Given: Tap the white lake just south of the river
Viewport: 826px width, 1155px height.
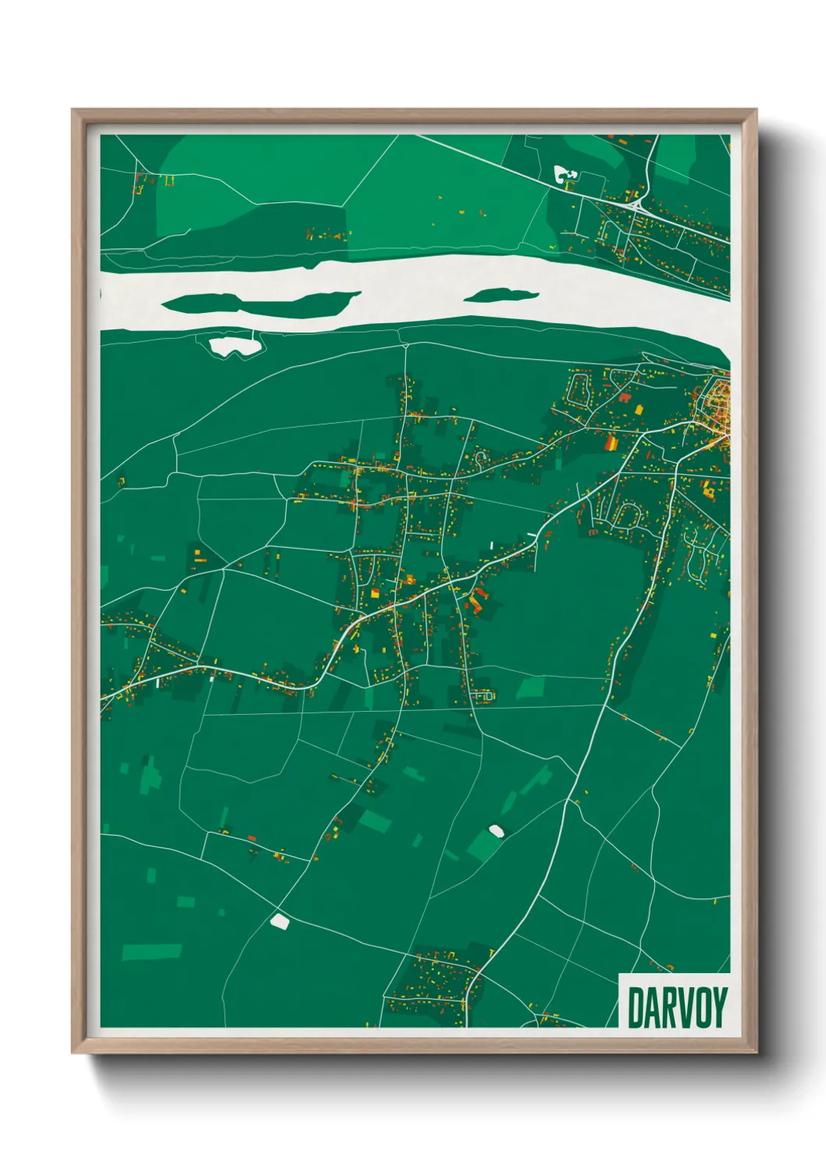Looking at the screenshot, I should click(233, 345).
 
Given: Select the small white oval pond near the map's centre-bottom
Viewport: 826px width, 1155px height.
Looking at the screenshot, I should click(495, 830).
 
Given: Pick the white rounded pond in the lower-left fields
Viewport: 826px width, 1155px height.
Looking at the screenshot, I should click(279, 922).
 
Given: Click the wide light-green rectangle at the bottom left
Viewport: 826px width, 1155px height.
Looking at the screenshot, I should click(151, 952).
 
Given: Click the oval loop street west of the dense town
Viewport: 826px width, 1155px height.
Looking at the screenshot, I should click(582, 388).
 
